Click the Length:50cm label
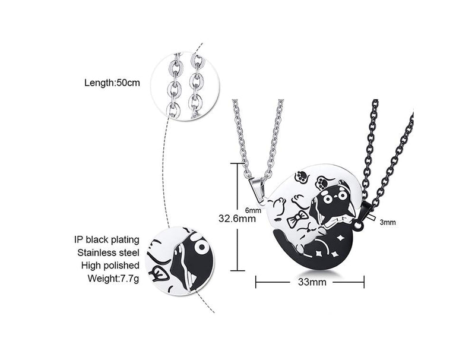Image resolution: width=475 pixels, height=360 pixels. point(112,83)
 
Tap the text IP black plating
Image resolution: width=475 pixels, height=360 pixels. point(107,239)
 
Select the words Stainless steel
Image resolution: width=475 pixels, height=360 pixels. point(108,252)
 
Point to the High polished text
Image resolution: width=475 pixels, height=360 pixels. point(110,266)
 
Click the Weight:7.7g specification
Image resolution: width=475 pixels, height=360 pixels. point(113,278)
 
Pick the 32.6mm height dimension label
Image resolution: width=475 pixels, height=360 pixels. point(237,218)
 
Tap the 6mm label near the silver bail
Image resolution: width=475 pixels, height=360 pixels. point(253,210)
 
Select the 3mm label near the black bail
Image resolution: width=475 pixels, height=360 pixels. point(388,222)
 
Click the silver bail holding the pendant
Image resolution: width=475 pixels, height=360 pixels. point(257,187)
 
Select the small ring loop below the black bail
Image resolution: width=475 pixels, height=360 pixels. point(359,225)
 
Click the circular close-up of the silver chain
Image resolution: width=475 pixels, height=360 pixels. point(185,86)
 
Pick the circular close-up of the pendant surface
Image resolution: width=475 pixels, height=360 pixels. point(180,260)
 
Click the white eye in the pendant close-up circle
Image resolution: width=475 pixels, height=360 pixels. point(201,247)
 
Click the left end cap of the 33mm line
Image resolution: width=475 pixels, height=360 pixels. point(256,282)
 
